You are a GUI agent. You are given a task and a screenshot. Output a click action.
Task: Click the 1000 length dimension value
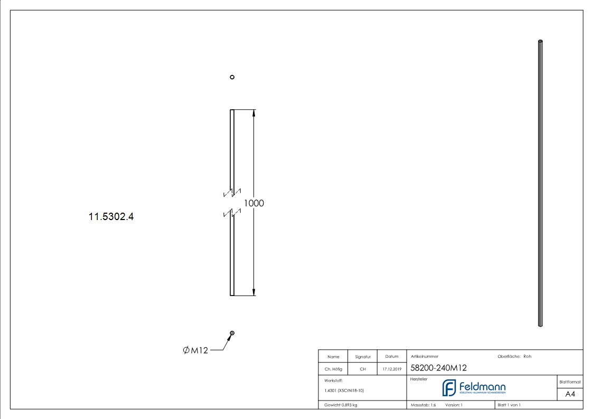point(254,203)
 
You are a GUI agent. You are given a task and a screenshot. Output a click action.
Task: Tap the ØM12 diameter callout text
point(195,350)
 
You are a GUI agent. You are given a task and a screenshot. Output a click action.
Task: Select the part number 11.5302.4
point(111,216)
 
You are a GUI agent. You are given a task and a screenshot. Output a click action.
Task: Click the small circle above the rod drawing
point(232,77)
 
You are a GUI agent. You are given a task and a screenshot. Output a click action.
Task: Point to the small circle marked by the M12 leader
point(232,333)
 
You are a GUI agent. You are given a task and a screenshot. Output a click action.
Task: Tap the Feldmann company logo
point(474,388)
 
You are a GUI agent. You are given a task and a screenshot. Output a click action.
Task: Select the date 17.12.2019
point(392,369)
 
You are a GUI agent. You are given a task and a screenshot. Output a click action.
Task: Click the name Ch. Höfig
point(333,369)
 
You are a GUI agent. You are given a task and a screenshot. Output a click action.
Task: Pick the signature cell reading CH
point(363,369)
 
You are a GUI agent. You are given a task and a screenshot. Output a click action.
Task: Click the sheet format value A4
point(570,394)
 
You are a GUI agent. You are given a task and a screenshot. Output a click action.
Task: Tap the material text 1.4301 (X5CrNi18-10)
point(344,391)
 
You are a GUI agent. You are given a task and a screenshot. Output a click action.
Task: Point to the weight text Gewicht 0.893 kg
point(341,405)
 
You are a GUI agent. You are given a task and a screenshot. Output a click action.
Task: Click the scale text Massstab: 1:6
point(423,405)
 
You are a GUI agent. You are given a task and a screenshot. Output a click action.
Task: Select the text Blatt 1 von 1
point(509,405)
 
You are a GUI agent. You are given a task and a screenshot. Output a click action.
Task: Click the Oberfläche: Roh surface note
point(514,356)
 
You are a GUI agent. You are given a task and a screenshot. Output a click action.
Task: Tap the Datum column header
point(392,357)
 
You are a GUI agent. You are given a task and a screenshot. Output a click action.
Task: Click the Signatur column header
point(363,357)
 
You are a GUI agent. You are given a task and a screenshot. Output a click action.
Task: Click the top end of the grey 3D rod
point(540,42)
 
